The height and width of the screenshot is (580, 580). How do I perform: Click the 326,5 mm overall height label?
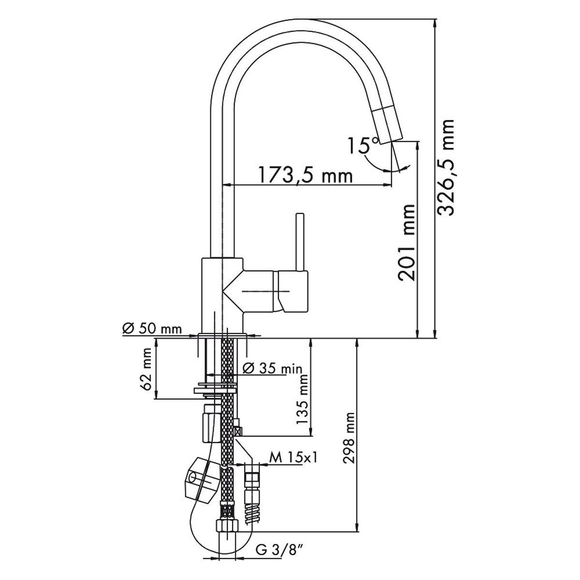coord(445,167)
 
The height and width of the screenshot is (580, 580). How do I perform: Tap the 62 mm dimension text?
coord(147,369)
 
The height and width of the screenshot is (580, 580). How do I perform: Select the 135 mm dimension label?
coord(302,399)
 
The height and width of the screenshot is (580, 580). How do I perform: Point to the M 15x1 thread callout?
coord(293,458)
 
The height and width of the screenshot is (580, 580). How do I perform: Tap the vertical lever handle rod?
coord(300,242)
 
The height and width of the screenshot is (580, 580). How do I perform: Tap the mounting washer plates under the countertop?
coord(216,388)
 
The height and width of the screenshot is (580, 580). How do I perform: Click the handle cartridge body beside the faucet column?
coord(275,291)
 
